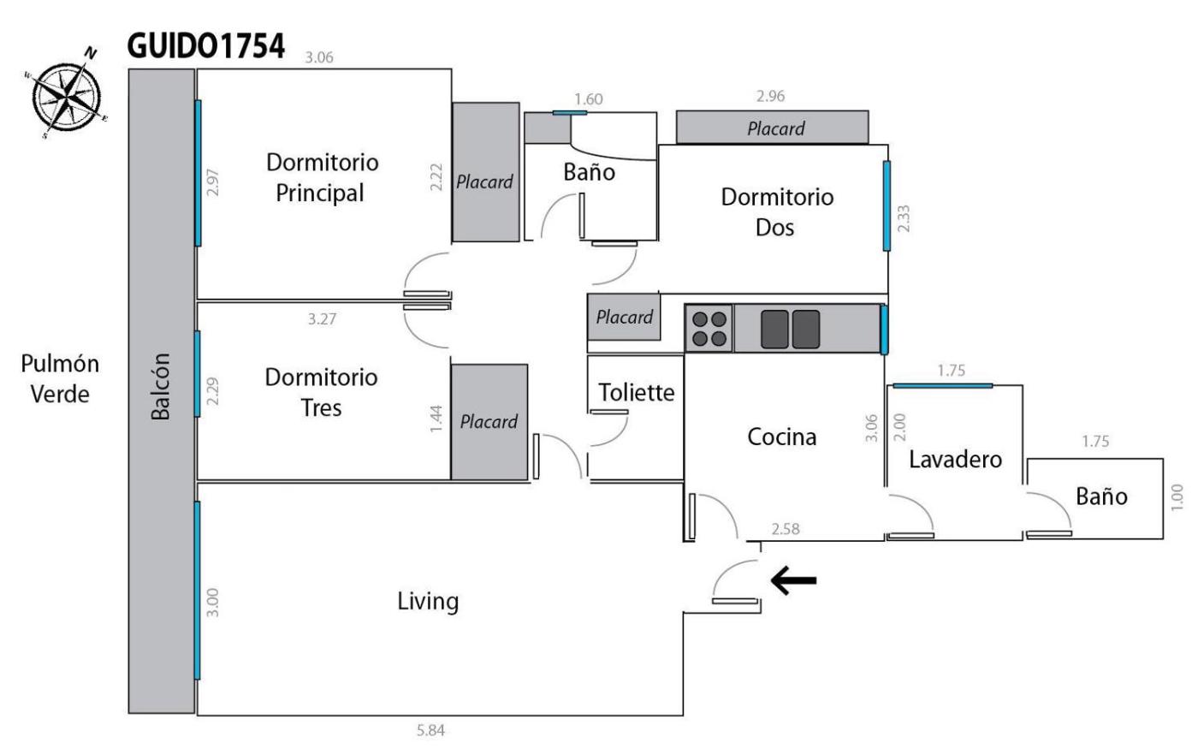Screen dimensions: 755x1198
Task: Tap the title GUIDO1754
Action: pyautogui.click(x=205, y=46)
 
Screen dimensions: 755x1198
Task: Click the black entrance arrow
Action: pyautogui.click(x=793, y=580)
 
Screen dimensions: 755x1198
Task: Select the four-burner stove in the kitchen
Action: pyautogui.click(x=709, y=328)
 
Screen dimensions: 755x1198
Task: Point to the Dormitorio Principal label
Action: pyautogui.click(x=321, y=177)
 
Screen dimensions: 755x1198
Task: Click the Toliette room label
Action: pyautogui.click(x=636, y=392)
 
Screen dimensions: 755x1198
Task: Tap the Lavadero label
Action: pyautogui.click(x=955, y=459)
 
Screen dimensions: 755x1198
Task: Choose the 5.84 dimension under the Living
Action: pyautogui.click(x=430, y=731)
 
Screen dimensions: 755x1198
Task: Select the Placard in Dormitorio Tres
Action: pyautogui.click(x=489, y=421)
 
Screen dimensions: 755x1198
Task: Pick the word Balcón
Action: pyautogui.click(x=161, y=386)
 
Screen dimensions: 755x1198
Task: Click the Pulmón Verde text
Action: pyautogui.click(x=60, y=378)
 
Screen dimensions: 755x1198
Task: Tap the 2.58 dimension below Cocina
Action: pyautogui.click(x=785, y=529)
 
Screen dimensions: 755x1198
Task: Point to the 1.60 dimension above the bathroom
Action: pyautogui.click(x=588, y=99)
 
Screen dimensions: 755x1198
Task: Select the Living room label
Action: pyautogui.click(x=428, y=601)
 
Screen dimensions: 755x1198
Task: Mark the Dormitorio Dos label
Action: pyautogui.click(x=776, y=211)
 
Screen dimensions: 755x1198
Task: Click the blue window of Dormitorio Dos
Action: pyautogui.click(x=887, y=205)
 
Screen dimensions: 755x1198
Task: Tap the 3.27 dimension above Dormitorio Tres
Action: pyautogui.click(x=322, y=319)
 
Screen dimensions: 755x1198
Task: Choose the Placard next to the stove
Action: pyautogui.click(x=624, y=317)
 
